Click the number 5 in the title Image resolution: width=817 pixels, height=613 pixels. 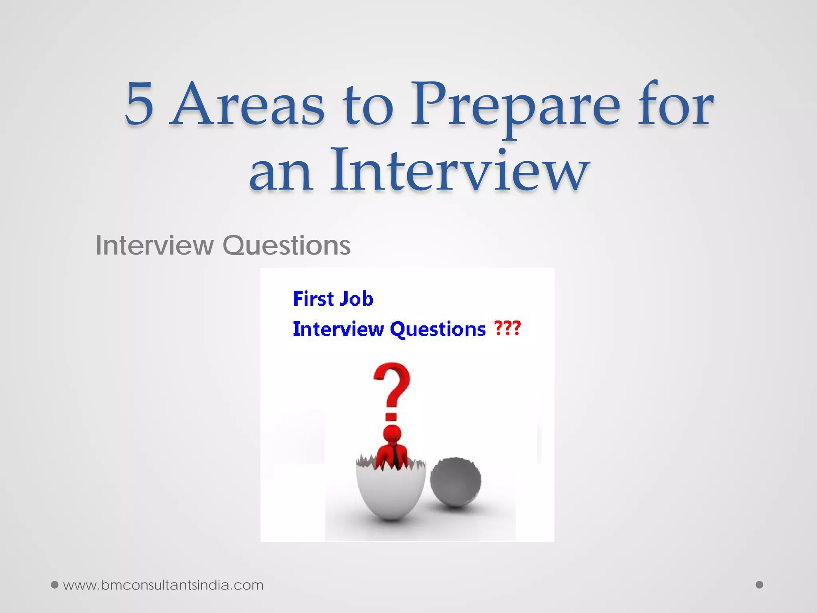coord(139,103)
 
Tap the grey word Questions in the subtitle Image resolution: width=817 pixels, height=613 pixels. coord(286,245)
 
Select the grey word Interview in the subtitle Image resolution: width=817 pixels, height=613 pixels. coord(154,245)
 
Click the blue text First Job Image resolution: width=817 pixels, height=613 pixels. coord(333,299)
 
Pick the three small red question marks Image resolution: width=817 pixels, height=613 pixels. coord(507,328)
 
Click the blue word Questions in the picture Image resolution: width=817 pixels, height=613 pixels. coord(438,329)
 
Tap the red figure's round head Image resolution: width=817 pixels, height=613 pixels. coord(392,434)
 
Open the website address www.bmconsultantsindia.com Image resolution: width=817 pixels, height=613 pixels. coord(163,585)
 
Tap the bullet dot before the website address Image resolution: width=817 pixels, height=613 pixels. coord(55,585)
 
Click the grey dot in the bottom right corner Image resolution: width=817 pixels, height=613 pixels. coord(760,585)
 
